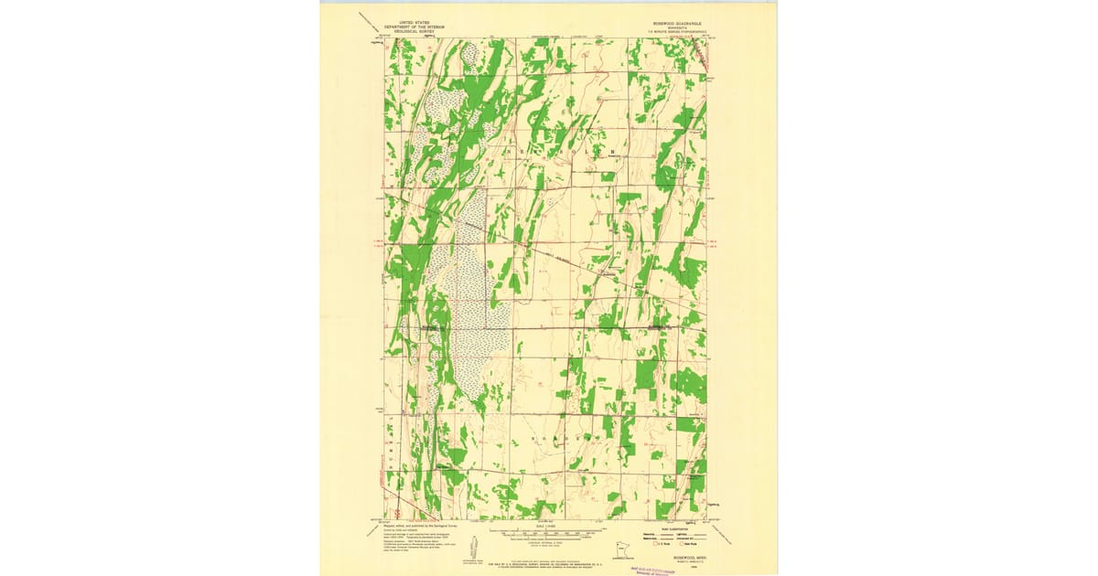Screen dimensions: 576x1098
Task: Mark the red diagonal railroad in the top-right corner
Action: click(x=700, y=55)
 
